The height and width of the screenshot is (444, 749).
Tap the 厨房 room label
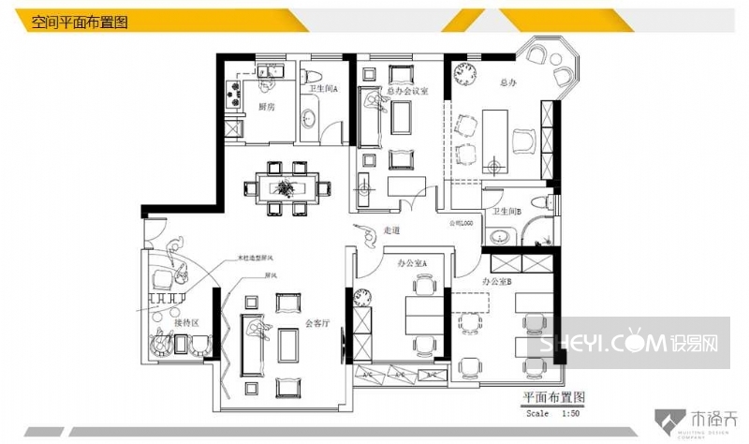(266, 108)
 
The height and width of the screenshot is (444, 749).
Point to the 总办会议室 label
(407, 91)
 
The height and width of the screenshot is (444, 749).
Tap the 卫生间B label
(507, 213)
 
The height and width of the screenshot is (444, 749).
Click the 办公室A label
(412, 265)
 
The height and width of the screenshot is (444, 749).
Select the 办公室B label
(496, 281)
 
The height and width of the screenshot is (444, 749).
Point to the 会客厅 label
(316, 324)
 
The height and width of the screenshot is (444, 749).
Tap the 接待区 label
(187, 322)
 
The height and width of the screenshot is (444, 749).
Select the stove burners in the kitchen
(234, 94)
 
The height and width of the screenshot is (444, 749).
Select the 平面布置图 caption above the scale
(554, 397)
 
